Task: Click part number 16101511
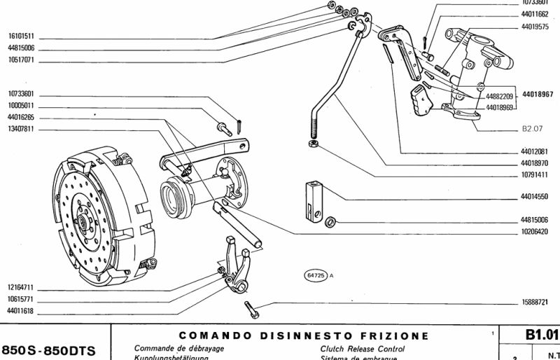click(22, 36)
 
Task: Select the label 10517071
click(22, 61)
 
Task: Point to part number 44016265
click(22, 118)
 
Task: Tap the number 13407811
click(22, 130)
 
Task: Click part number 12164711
click(22, 287)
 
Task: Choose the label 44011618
click(22, 310)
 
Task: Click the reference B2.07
click(533, 129)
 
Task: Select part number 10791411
click(535, 174)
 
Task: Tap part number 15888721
click(535, 302)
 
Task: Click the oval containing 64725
click(316, 275)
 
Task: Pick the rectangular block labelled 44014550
click(314, 200)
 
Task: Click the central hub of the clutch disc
click(83, 223)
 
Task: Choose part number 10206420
click(535, 231)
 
